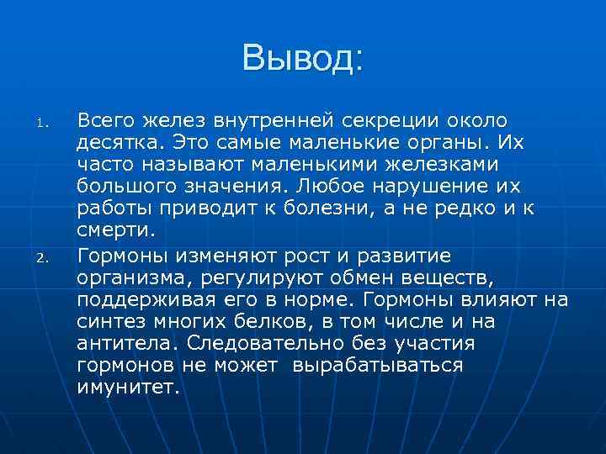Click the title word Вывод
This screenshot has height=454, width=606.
pyautogui.click(x=302, y=58)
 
